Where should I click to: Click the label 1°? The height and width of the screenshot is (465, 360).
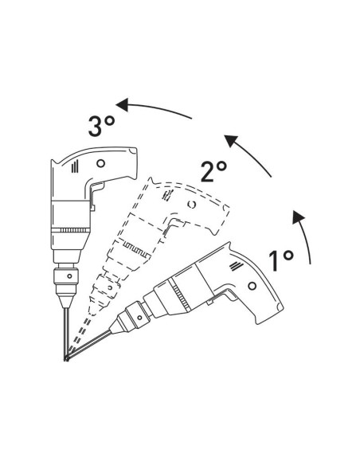[281, 259]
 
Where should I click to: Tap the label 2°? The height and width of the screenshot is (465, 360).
[213, 170]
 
